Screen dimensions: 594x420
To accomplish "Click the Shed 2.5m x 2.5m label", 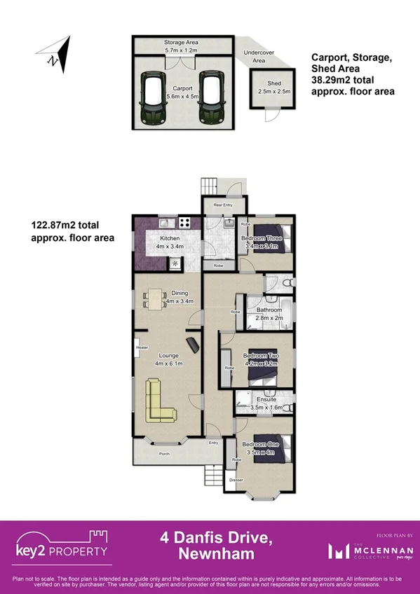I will tap(269, 88).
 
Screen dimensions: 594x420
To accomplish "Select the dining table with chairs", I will tap(155, 300).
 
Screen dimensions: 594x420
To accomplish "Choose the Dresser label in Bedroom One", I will tap(236, 480).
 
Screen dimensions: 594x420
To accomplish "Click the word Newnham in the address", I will tap(210, 555).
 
